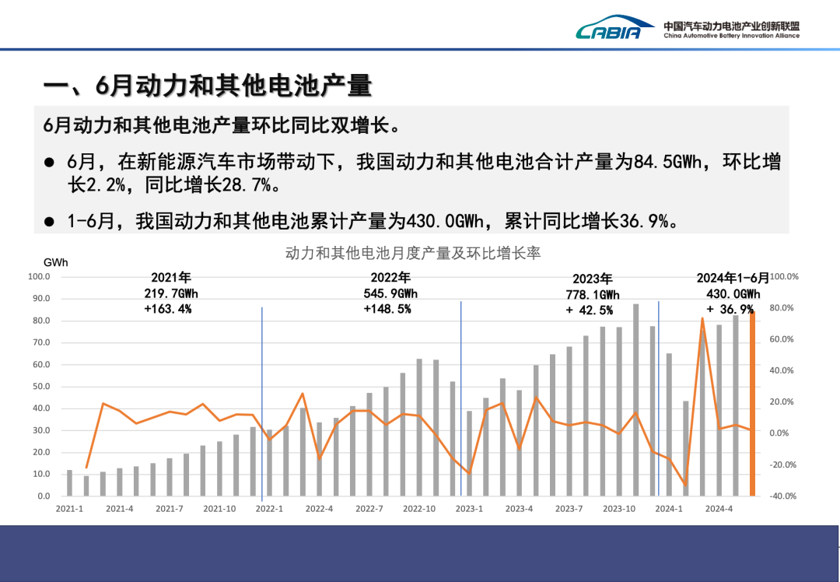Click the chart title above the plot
tap(413, 253)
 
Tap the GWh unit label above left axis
tap(55, 263)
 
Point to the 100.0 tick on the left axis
tap(39, 276)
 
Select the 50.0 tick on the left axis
tap(39, 386)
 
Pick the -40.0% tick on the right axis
tap(782, 496)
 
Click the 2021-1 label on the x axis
tap(69, 509)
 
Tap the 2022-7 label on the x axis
tap(369, 509)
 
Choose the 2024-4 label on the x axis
tap(719, 509)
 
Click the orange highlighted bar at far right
tap(752, 405)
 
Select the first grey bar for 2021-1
tap(69, 482)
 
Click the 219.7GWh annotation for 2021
tap(171, 293)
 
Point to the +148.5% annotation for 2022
tap(387, 309)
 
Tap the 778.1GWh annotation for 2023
tap(593, 295)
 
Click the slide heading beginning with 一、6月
tap(207, 86)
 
